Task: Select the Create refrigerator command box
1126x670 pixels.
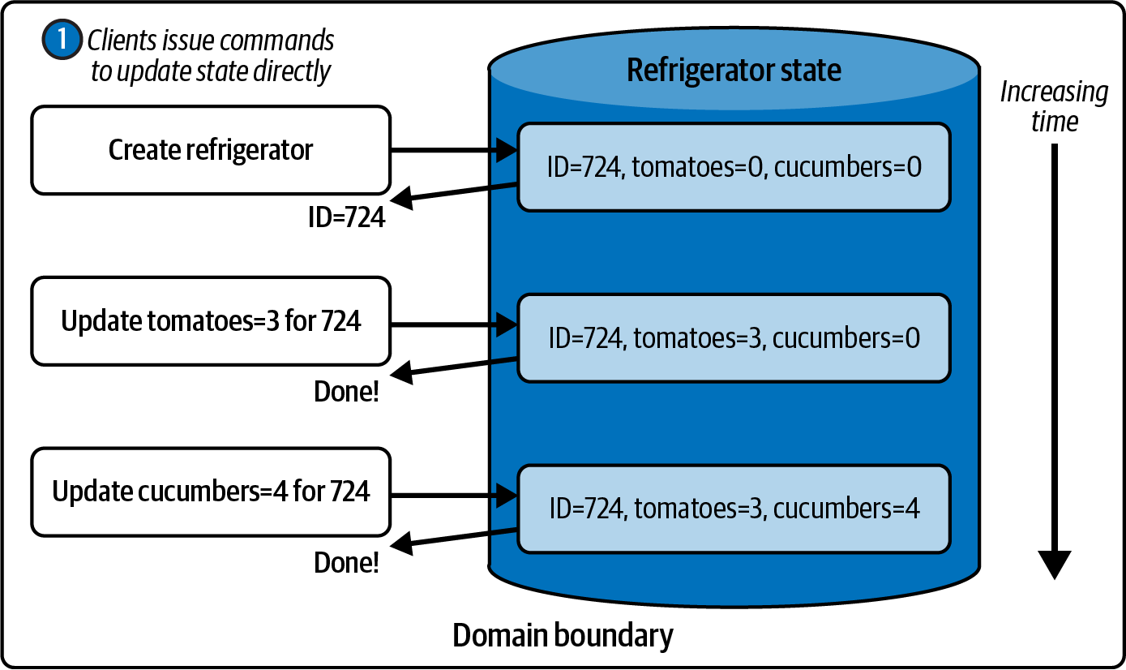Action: pyautogui.click(x=211, y=150)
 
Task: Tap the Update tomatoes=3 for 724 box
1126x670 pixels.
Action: pyautogui.click(x=211, y=321)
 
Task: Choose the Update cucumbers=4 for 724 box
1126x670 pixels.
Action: pyautogui.click(x=211, y=492)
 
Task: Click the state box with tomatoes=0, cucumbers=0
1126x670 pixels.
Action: pyautogui.click(x=734, y=167)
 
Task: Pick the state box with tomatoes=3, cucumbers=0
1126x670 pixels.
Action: pyautogui.click(x=734, y=338)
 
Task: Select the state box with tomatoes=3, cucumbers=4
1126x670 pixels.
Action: pyautogui.click(x=734, y=509)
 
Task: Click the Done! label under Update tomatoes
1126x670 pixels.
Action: pyautogui.click(x=346, y=392)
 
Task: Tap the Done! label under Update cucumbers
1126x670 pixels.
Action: pyautogui.click(x=346, y=562)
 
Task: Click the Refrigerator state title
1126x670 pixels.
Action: pyautogui.click(x=734, y=71)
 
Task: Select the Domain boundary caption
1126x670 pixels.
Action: pyautogui.click(x=563, y=635)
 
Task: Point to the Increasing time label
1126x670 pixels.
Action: pyautogui.click(x=1054, y=106)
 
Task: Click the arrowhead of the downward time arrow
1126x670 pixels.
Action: pyautogui.click(x=1054, y=565)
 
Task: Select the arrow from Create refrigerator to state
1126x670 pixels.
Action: pyautogui.click(x=454, y=150)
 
